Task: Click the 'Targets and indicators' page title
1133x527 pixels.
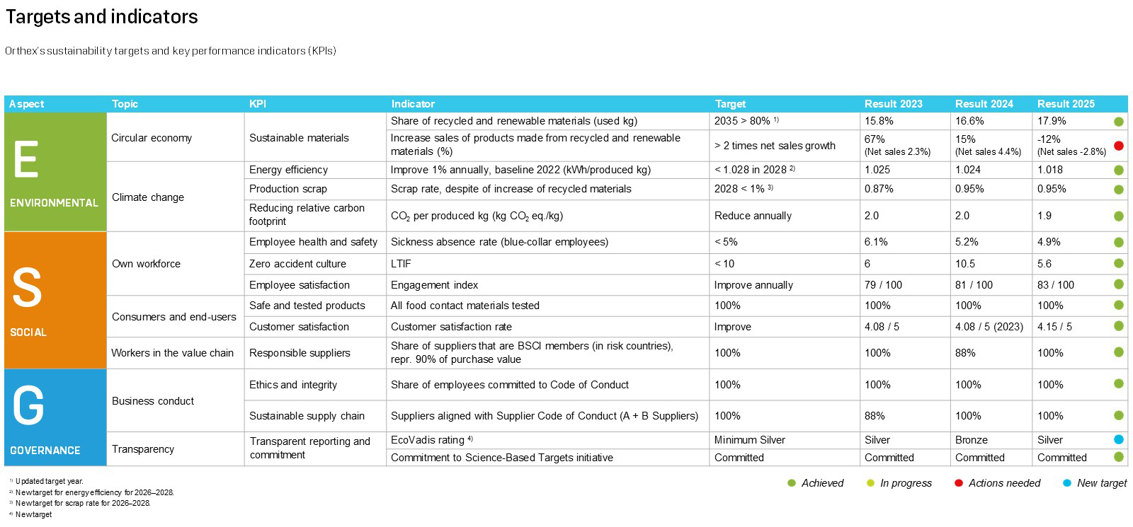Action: point(101,17)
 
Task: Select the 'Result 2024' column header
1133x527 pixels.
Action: point(984,104)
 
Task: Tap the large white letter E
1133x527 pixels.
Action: point(26,160)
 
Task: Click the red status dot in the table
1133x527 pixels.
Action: point(1119,146)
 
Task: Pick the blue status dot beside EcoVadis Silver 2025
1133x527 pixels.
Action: point(1119,440)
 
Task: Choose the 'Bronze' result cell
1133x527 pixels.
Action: point(971,440)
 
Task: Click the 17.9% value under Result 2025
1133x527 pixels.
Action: point(1052,121)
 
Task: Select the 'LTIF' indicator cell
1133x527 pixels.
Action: point(401,264)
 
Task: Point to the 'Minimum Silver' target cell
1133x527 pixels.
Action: point(749,440)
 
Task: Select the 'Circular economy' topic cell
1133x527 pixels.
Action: point(152,138)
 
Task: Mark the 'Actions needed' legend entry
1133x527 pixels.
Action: point(1003,483)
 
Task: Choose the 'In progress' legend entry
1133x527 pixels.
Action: point(905,483)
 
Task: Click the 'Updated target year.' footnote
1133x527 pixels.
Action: point(49,482)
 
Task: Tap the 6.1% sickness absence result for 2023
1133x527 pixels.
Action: point(876,242)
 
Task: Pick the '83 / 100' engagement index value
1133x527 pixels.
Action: point(1055,285)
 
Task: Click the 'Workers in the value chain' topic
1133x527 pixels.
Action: point(172,353)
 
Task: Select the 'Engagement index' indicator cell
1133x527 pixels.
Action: point(434,285)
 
